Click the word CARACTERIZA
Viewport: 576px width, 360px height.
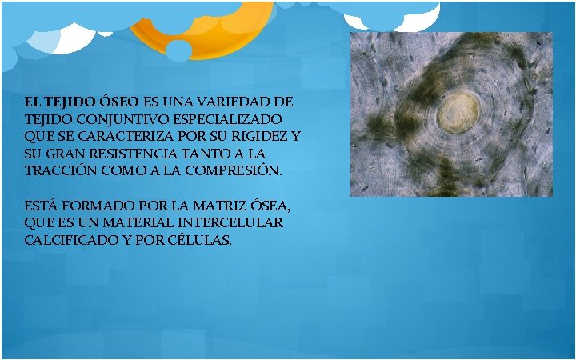(x=114, y=137)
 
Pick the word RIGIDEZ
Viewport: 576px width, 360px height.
(x=254, y=137)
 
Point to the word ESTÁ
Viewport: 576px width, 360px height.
(x=40, y=206)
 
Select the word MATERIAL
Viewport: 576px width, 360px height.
(x=133, y=222)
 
